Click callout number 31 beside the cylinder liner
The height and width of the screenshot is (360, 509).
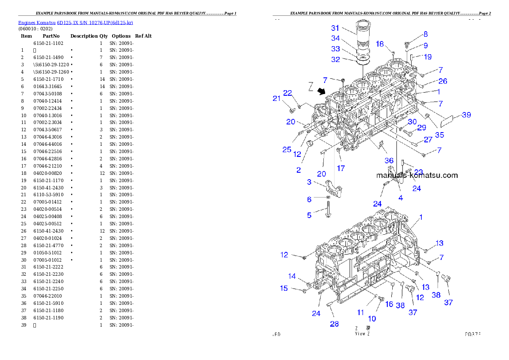(x=335, y=28)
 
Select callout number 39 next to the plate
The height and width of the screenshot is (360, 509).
(x=466, y=115)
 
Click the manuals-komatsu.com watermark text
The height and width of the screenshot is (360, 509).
(x=417, y=175)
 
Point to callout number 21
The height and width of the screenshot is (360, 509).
(x=277, y=98)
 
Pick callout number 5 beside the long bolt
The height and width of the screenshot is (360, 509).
(x=309, y=215)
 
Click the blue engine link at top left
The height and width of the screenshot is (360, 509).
(x=75, y=22)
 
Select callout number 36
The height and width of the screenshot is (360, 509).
(x=389, y=160)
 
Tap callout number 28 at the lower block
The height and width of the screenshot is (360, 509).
(x=334, y=324)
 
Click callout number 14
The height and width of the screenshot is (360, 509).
(x=292, y=276)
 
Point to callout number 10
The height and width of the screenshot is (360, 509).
(x=372, y=318)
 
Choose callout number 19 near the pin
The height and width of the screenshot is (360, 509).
(x=427, y=56)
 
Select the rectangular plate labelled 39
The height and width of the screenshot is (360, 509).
(x=446, y=121)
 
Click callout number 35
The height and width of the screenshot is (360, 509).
(x=439, y=135)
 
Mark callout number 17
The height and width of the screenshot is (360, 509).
(x=340, y=168)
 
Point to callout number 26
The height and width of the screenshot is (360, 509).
(x=443, y=81)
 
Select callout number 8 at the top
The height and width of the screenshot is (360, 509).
(x=426, y=34)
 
